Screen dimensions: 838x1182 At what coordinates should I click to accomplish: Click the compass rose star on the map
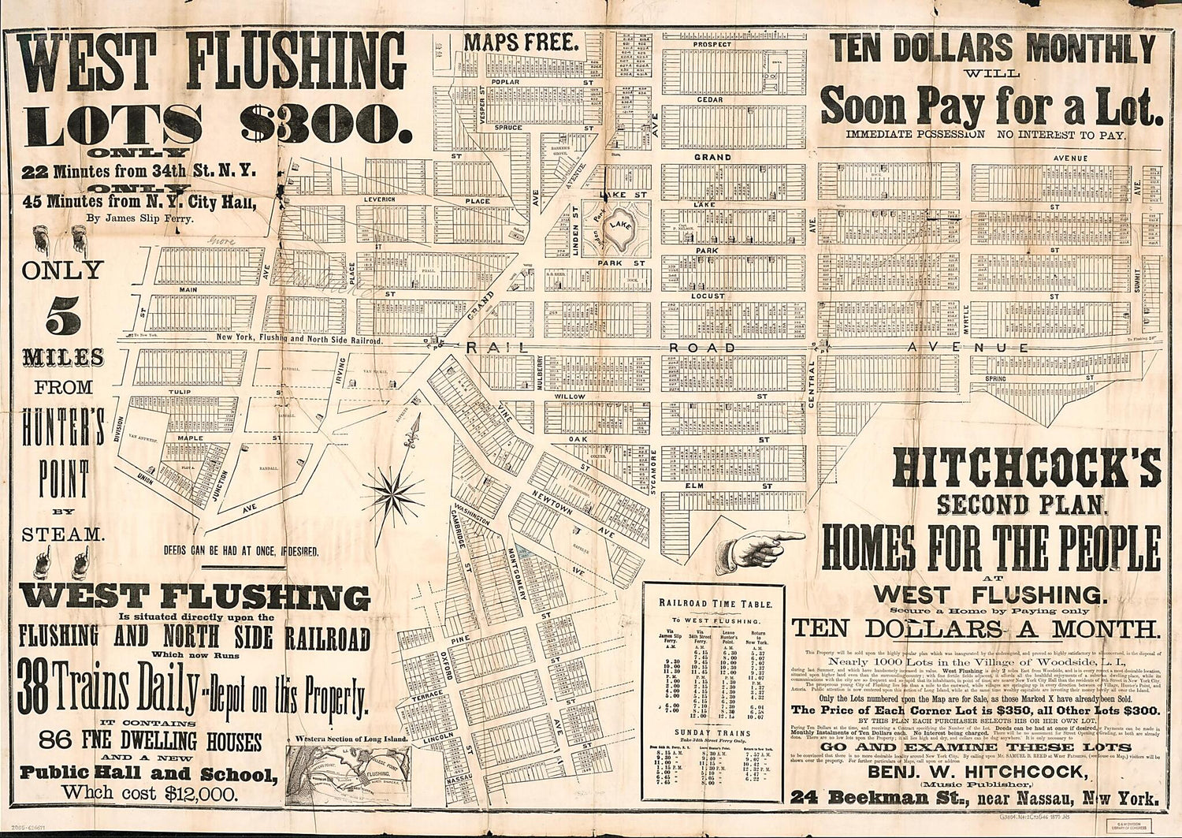393,493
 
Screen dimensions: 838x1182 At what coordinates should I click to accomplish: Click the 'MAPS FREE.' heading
516,43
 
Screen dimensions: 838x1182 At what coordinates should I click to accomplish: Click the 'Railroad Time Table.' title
716,603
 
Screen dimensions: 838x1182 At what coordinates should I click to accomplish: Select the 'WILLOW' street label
571,397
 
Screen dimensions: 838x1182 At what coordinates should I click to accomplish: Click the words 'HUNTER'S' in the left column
63,430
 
